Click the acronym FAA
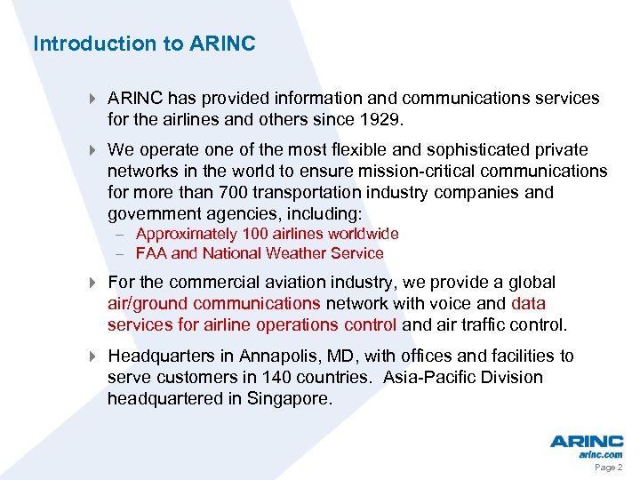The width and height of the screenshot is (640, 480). tap(151, 253)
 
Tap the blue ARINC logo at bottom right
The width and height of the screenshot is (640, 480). tap(586, 441)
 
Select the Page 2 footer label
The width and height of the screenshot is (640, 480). tap(608, 468)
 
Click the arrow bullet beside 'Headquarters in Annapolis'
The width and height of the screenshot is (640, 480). tap(93, 356)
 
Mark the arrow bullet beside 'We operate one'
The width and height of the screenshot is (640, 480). tap(93, 150)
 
